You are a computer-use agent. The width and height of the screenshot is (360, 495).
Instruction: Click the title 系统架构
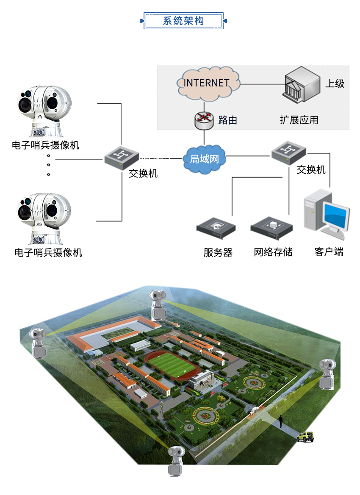(183, 21)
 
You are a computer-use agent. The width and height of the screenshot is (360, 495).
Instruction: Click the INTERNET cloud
(207, 83)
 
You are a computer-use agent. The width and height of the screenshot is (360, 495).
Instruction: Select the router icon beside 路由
(205, 120)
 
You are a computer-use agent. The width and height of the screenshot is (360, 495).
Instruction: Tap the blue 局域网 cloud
(204, 159)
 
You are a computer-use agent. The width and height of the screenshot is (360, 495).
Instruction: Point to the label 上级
(335, 83)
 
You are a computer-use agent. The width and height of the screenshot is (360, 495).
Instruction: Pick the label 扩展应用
(299, 120)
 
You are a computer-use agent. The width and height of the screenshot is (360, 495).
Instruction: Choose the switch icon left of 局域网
(122, 157)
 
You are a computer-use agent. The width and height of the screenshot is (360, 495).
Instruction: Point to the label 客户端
(329, 252)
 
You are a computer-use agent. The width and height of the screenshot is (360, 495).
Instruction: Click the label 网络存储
(273, 252)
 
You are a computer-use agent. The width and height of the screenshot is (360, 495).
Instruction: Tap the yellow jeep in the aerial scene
(305, 437)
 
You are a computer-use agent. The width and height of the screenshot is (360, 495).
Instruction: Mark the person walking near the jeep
(280, 422)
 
